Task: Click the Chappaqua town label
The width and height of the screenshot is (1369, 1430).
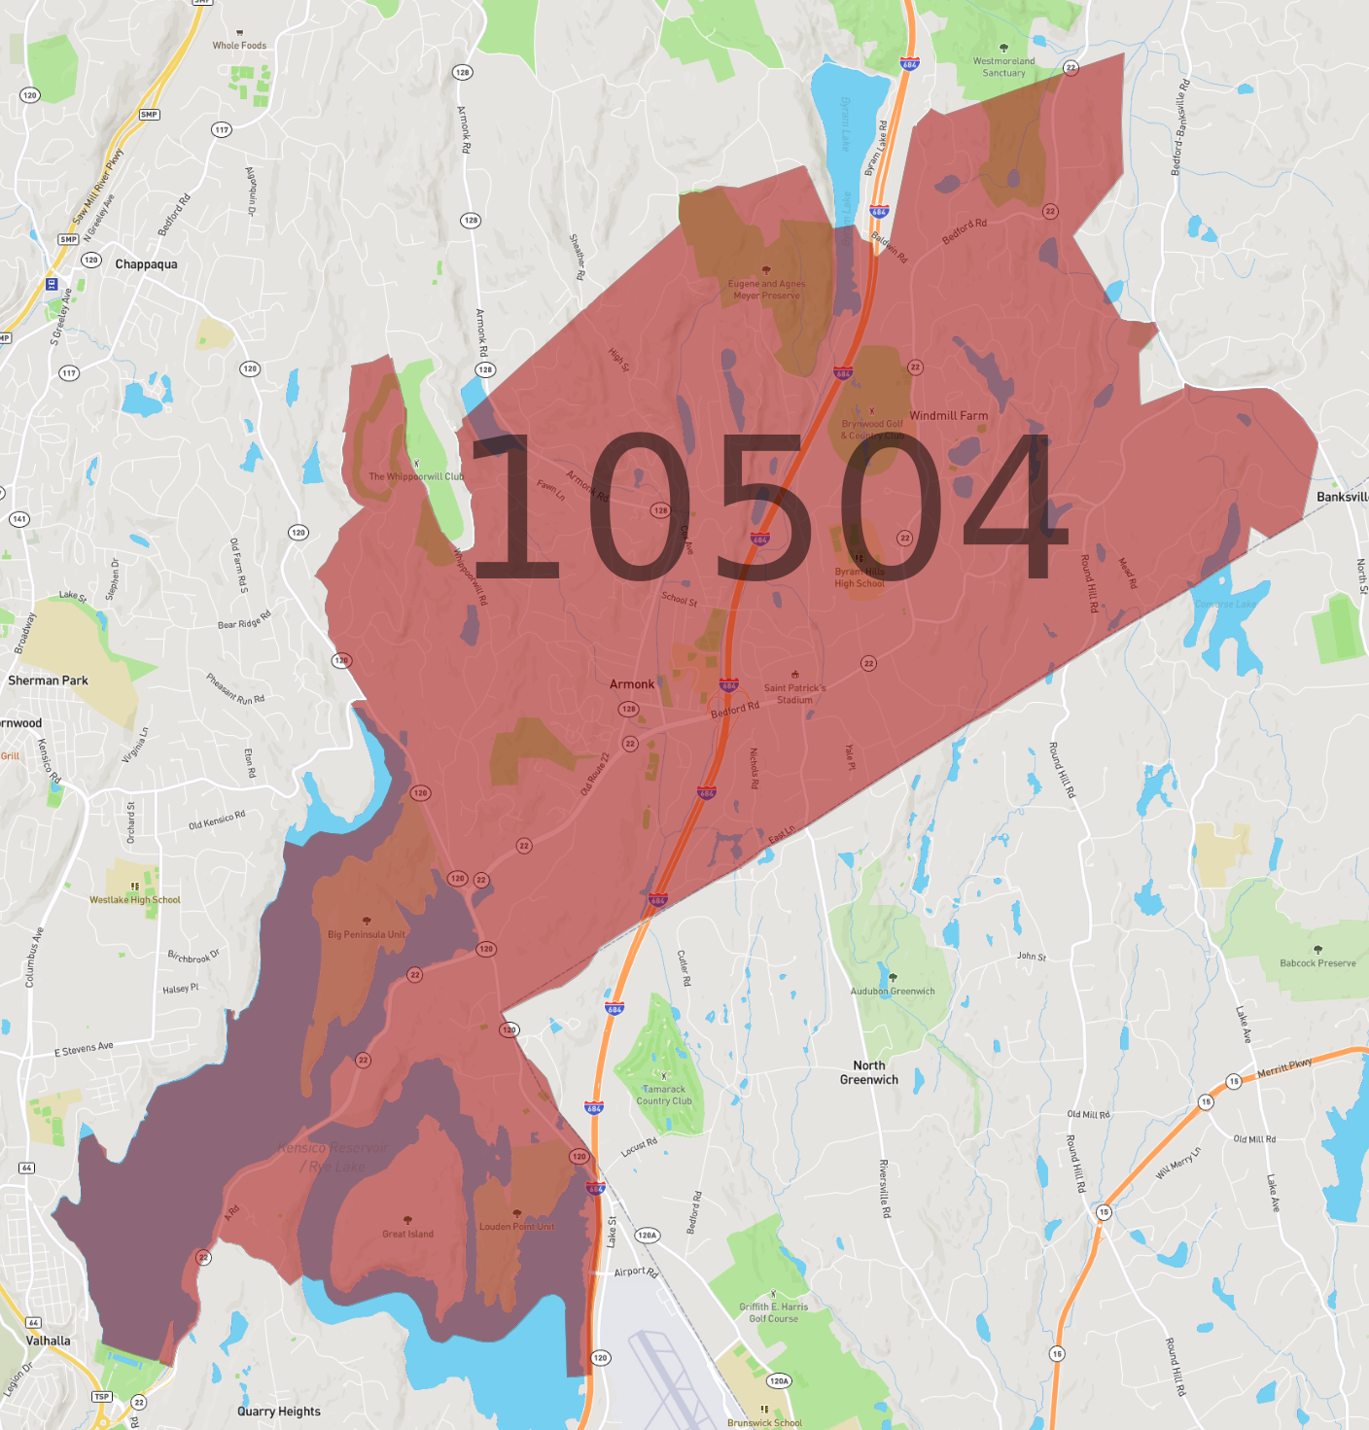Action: pos(146,264)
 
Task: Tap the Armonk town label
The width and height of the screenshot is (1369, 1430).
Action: pos(632,684)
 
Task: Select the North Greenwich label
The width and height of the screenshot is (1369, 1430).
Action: pos(869,1072)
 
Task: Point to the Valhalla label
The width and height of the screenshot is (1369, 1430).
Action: pos(48,1341)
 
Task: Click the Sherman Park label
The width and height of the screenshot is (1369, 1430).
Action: pos(48,680)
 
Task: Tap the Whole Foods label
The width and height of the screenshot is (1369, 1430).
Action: pos(239,45)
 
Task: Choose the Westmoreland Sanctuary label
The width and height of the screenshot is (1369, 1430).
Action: pos(1003,66)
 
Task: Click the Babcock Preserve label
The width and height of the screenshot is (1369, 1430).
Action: pos(1317,962)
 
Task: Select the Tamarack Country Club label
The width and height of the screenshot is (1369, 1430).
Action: pos(664,1095)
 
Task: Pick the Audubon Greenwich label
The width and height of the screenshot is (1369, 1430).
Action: pos(893,991)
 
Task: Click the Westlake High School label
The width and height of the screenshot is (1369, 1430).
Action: pos(135,899)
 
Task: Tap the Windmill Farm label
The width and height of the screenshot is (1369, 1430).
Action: pos(949,415)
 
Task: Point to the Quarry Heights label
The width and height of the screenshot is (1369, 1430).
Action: pos(279,1412)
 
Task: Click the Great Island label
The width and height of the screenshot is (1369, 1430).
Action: pos(407,1234)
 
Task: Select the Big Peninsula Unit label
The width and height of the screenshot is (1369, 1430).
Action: pos(367,934)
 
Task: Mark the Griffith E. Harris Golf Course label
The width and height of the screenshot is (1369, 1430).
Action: pos(774,1312)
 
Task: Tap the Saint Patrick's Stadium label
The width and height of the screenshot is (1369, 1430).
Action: pos(794,693)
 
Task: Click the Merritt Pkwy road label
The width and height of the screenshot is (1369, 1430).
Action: pos(1284,1067)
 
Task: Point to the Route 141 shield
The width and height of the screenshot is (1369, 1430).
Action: pos(19,519)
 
